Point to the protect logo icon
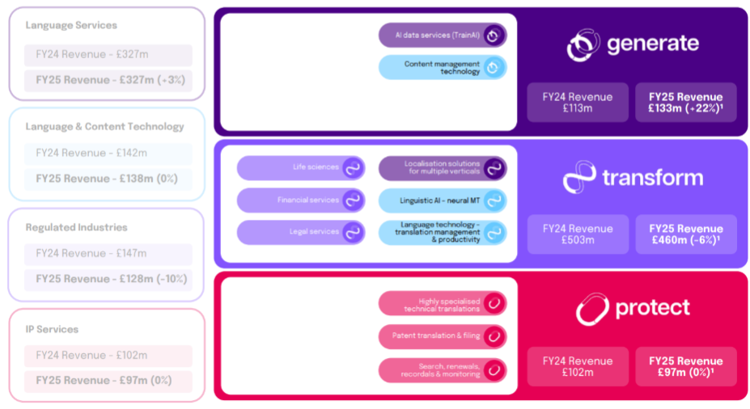click(x=592, y=309)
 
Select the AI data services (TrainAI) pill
click(x=443, y=36)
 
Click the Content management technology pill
click(x=443, y=67)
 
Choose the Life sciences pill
click(x=301, y=167)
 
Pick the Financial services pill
click(x=301, y=200)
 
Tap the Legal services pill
click(x=301, y=232)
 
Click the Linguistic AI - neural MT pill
click(x=443, y=200)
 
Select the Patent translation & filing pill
click(x=443, y=336)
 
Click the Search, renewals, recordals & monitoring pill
click(x=443, y=370)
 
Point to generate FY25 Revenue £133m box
click(x=685, y=102)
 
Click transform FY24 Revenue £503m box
click(x=578, y=234)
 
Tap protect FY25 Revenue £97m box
click(x=685, y=366)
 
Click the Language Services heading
click(x=71, y=25)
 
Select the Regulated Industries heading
click(x=77, y=227)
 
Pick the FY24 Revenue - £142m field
click(x=108, y=154)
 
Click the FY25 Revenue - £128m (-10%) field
click(x=108, y=279)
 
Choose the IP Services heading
click(x=52, y=329)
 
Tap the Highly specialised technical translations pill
click(x=443, y=303)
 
